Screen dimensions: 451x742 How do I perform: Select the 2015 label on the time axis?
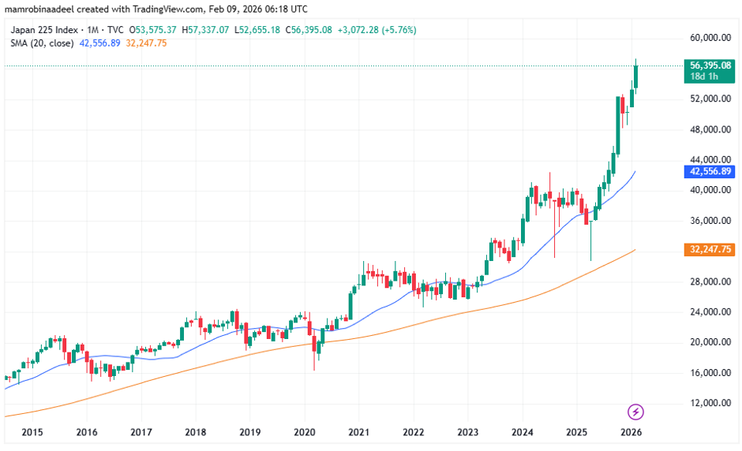click(x=32, y=432)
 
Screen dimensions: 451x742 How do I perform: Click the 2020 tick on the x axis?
click(x=304, y=432)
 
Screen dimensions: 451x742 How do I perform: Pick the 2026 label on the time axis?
click(x=630, y=432)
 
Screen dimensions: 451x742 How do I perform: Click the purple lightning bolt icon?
click(x=636, y=412)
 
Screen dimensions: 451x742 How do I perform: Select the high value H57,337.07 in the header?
click(x=205, y=30)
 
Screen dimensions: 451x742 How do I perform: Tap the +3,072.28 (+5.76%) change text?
click(x=377, y=30)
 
